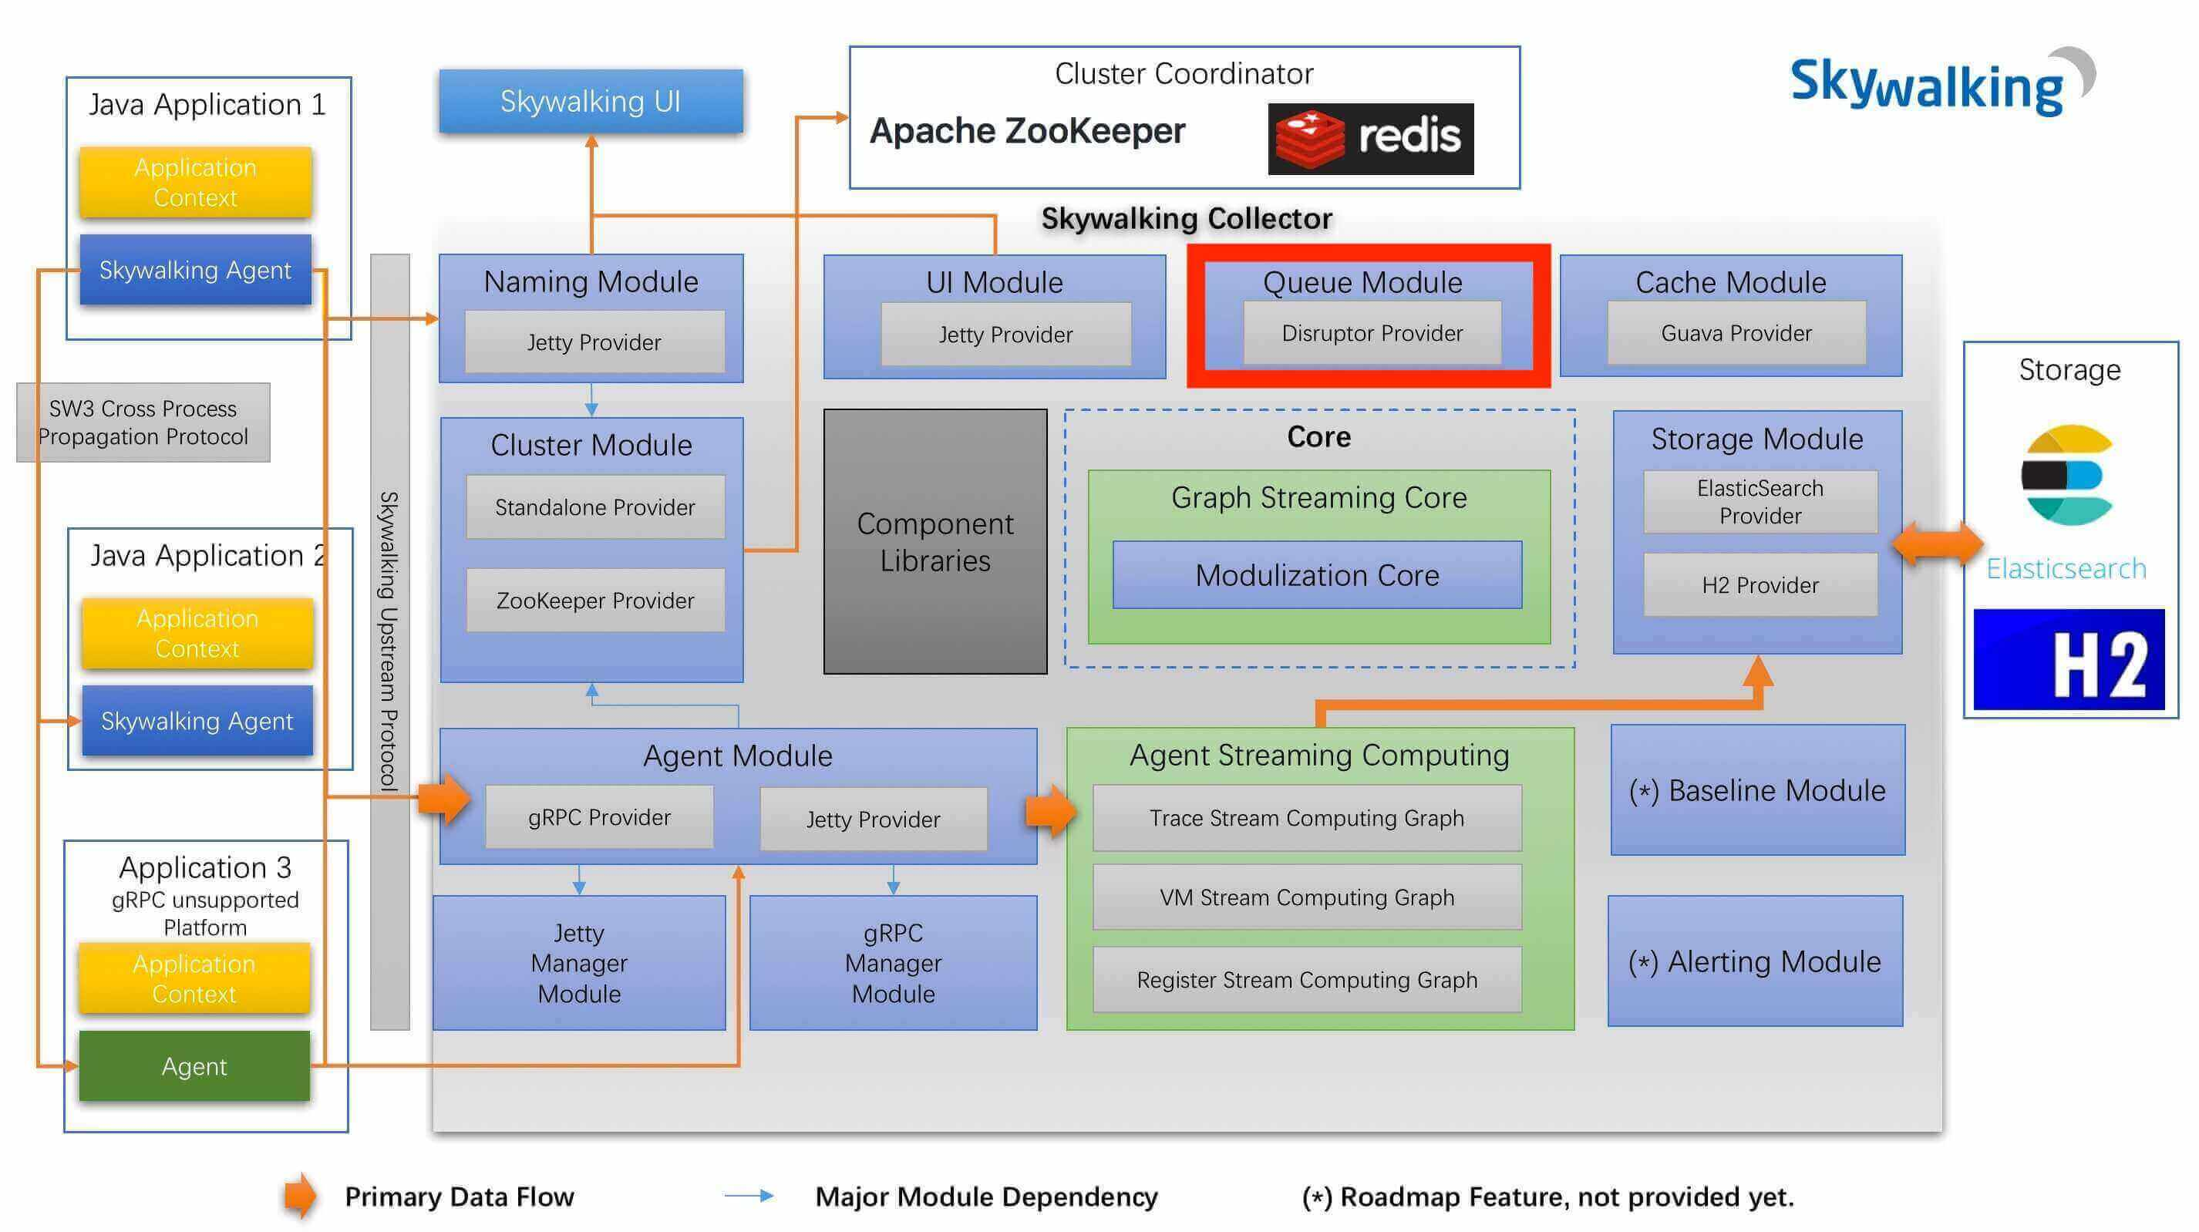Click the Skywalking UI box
(591, 102)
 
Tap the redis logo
(1370, 138)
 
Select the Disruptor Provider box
(1372, 333)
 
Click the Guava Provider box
(1736, 333)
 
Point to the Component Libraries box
(934, 541)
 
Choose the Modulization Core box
(1316, 574)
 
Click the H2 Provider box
(1760, 585)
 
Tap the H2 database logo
(2069, 659)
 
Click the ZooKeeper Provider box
(595, 601)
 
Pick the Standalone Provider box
(595, 507)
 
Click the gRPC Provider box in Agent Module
(599, 818)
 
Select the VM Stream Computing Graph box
(1306, 897)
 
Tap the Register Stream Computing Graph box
(1306, 979)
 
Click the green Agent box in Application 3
(194, 1066)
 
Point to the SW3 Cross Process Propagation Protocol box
(143, 422)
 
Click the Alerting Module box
(1755, 961)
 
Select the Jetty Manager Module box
(579, 963)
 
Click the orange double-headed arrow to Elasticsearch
(1936, 543)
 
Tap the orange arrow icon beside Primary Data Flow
(300, 1195)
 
